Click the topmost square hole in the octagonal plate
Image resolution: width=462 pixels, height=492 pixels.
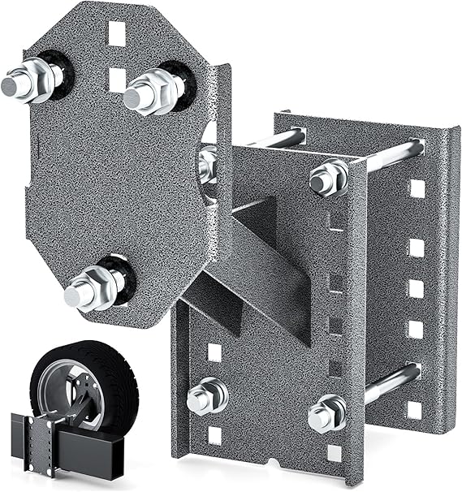tap(117, 33)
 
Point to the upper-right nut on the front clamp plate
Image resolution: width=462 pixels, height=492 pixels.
tap(327, 177)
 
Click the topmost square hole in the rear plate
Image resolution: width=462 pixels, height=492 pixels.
tap(417, 188)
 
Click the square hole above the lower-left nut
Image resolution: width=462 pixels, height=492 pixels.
tap(214, 352)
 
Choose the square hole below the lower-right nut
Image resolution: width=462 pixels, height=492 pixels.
tap(334, 453)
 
